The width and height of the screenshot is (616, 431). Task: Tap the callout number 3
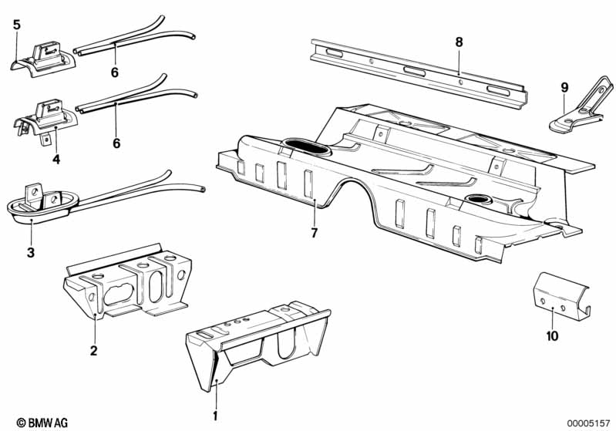pos(30,252)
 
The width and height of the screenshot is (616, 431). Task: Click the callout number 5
pos(16,25)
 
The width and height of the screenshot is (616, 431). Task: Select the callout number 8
pos(459,42)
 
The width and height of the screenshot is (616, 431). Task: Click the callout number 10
pos(553,335)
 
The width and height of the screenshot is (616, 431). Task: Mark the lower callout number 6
pos(116,143)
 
